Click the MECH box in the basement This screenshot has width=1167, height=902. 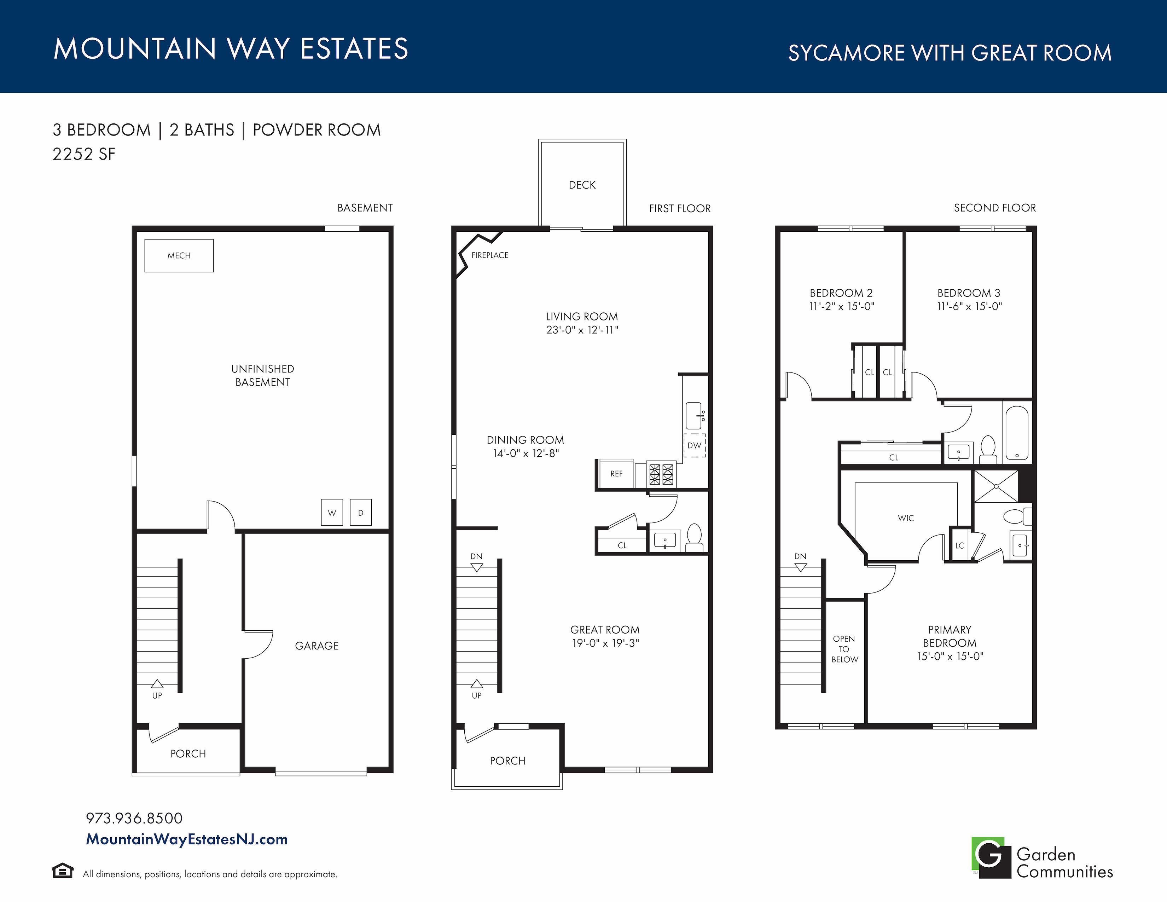pos(179,255)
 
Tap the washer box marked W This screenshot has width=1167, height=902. pos(332,513)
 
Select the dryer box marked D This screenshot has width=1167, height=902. pos(361,513)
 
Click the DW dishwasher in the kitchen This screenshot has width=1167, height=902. pos(694,445)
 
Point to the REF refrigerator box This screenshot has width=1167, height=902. pos(616,473)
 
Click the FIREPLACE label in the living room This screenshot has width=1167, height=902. pos(490,255)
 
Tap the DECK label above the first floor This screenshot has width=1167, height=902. pos(582,185)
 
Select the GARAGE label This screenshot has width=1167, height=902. pos(317,646)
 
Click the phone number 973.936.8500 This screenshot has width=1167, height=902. pos(134,818)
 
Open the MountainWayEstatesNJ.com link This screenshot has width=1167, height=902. pos(186,839)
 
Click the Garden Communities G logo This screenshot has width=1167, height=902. pos(991,857)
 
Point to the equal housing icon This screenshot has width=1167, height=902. pos(63,871)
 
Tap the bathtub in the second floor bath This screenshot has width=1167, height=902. pos(1017,433)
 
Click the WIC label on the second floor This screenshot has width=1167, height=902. pos(906,518)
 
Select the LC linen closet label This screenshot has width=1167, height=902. pos(960,545)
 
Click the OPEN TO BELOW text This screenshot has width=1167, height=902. pos(844,649)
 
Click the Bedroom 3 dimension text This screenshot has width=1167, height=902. pos(969,306)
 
